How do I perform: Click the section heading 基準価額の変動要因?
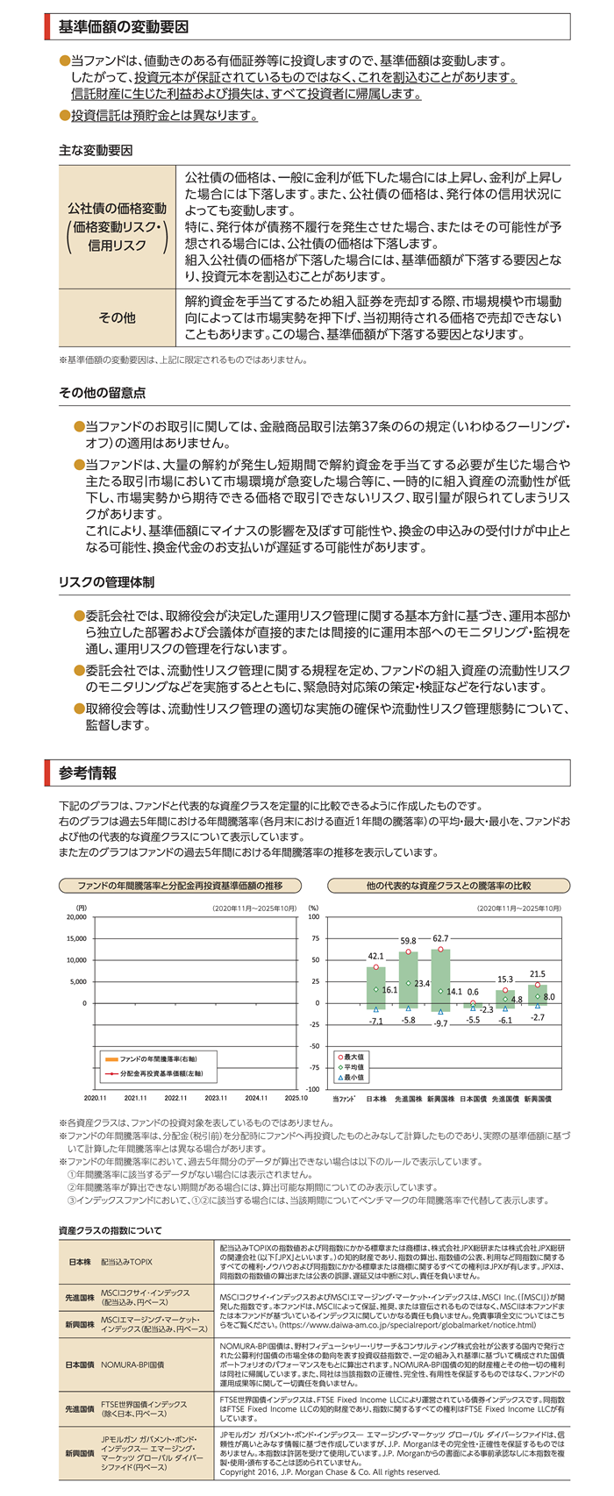pos(123,27)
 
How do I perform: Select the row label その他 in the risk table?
pos(117,317)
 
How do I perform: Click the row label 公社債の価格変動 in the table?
pos(117,209)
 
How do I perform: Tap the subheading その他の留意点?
pos(102,393)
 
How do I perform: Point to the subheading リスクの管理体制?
pos(106,582)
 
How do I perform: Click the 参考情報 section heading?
pos(88,773)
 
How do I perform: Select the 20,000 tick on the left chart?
pos(76,917)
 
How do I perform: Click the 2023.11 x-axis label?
pos(216,1097)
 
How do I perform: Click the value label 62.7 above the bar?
pos(440,939)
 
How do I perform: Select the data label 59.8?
pos(408,941)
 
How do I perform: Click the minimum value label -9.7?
pos(440,1023)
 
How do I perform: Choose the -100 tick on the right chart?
pos(313,1089)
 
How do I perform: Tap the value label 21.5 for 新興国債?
pos(537,974)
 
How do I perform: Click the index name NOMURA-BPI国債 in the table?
pos(132,1365)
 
